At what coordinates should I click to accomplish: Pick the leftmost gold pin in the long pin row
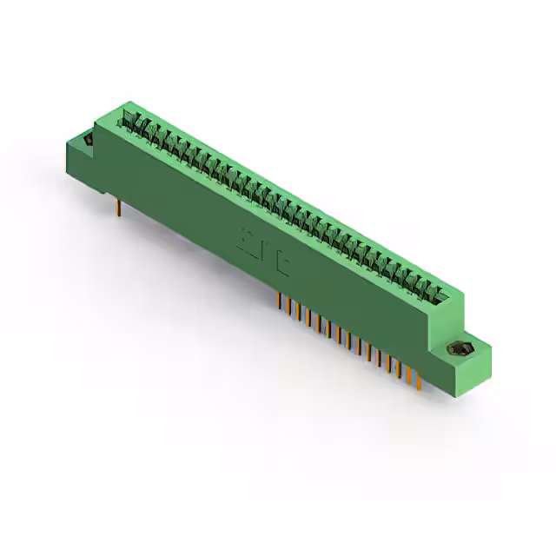point(279,301)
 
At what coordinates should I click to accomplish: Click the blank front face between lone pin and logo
point(182,200)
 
